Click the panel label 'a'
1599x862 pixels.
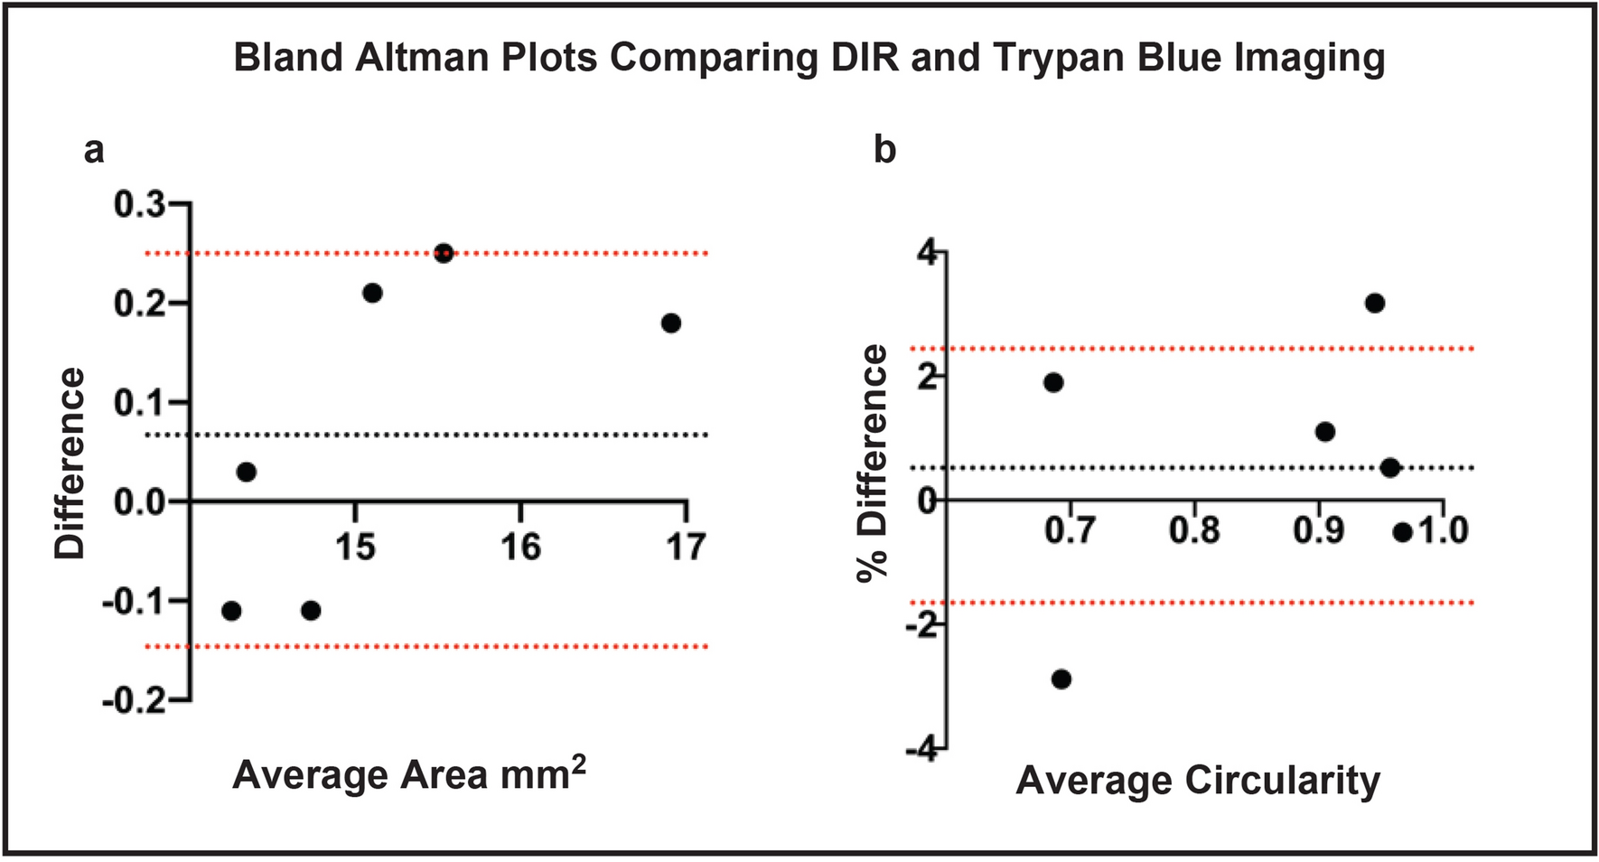[x=93, y=151]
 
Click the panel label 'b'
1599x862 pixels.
[x=884, y=150]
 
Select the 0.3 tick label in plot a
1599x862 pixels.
[x=140, y=205]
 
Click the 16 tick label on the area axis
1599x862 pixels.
[x=521, y=547]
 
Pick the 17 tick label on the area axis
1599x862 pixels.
[x=686, y=547]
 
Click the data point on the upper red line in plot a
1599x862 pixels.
[x=444, y=253]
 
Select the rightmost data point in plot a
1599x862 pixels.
[x=670, y=323]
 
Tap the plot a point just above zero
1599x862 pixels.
[x=247, y=472]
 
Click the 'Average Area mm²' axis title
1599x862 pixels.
[x=409, y=775]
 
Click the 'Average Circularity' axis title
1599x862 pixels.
[x=1198, y=780]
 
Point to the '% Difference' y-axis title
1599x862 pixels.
[x=874, y=463]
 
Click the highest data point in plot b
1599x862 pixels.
[x=1374, y=304]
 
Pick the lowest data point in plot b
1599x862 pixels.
[x=1061, y=679]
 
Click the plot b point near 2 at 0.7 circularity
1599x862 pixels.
[x=1053, y=382]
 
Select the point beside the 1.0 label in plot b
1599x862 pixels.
[x=1402, y=533]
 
